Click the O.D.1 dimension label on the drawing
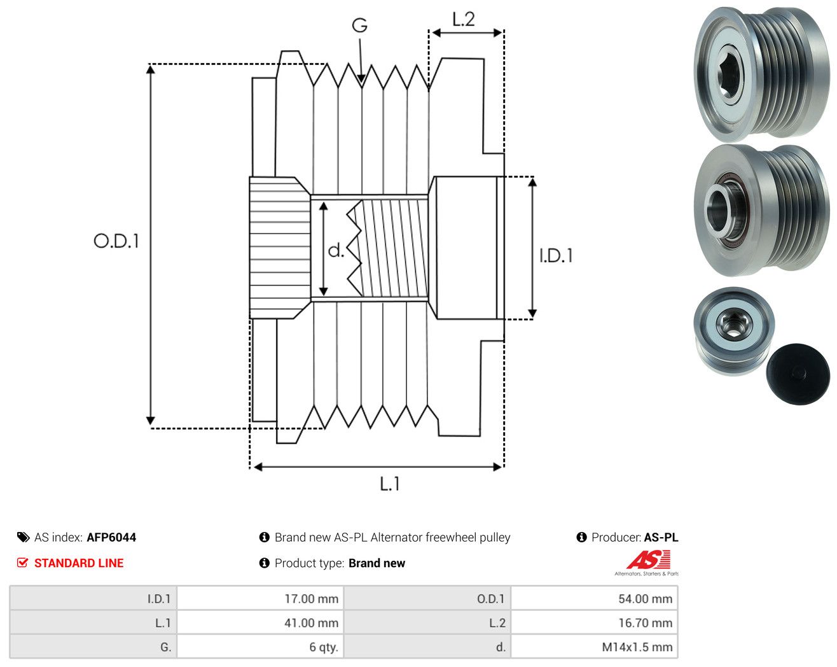pyautogui.click(x=116, y=241)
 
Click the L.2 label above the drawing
pyautogui.click(x=463, y=19)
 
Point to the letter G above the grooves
pyautogui.click(x=359, y=25)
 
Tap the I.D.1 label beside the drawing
pyautogui.click(x=556, y=256)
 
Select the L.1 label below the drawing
pyautogui.click(x=390, y=484)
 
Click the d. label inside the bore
pyautogui.click(x=336, y=250)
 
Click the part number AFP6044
pyautogui.click(x=111, y=537)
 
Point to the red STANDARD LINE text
pyautogui.click(x=79, y=563)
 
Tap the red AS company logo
pyautogui.click(x=649, y=560)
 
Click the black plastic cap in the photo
pyautogui.click(x=798, y=374)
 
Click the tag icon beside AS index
pyautogui.click(x=24, y=537)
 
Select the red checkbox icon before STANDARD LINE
pyautogui.click(x=22, y=563)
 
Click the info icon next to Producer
pyautogui.click(x=581, y=537)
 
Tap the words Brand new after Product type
pyautogui.click(x=377, y=563)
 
